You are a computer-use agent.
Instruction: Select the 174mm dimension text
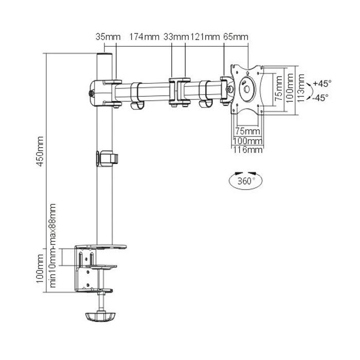144,37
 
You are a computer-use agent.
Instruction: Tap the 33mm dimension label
176,37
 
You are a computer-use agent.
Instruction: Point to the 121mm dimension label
204,37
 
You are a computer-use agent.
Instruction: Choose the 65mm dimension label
236,37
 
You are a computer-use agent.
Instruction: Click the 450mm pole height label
40,152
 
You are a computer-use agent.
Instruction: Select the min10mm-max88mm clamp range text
52,246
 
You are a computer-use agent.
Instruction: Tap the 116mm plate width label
248,150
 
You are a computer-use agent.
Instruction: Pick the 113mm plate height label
300,88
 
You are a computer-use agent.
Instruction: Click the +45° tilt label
322,83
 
